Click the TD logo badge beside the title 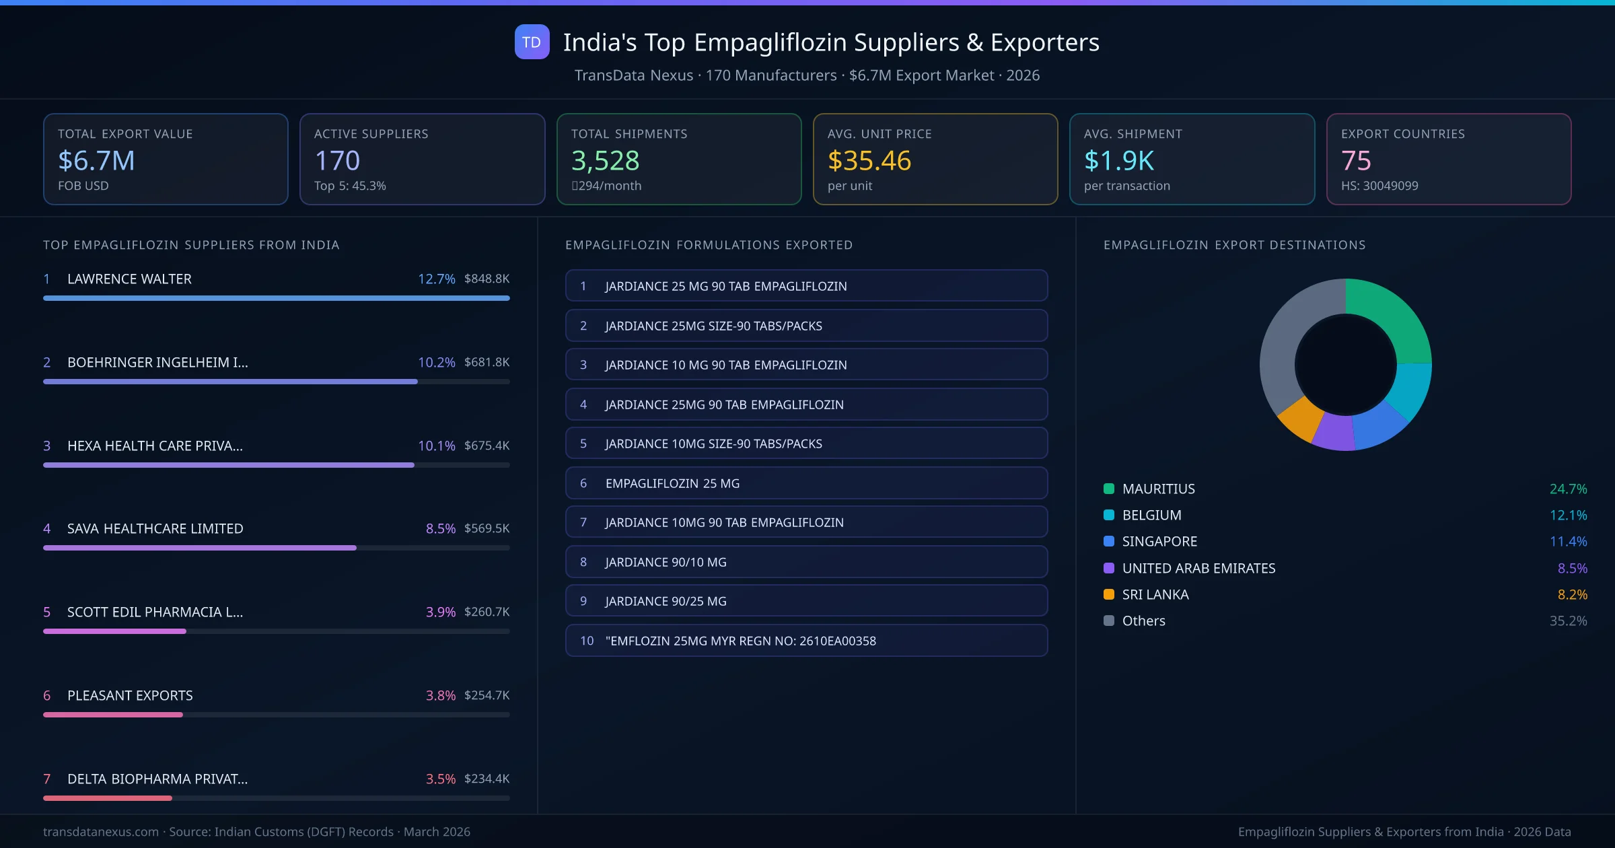pos(532,42)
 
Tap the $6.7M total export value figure pos(96,161)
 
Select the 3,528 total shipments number pos(605,161)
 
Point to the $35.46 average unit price pos(869,161)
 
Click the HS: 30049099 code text pos(1379,186)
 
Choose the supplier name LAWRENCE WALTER pos(129,279)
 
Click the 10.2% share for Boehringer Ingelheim pos(436,363)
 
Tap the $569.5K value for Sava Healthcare pos(487,528)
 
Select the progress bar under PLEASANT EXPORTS pos(113,715)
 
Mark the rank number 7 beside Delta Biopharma pos(47,779)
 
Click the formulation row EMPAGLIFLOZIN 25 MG pos(806,483)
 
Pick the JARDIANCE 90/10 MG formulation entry pos(806,562)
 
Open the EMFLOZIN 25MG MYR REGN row pos(806,641)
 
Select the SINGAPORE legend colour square pos(1109,542)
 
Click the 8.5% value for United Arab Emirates pos(1572,569)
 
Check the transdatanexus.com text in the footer pos(101,832)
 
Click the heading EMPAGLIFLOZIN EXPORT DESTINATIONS pos(1234,245)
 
